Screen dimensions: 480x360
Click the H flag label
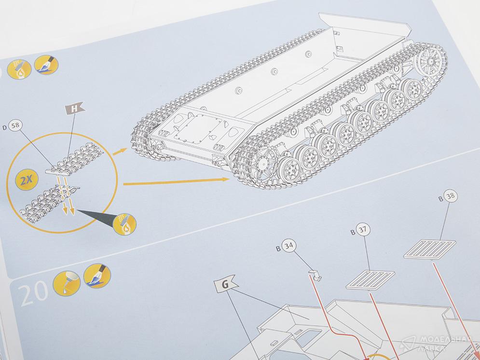point(74,108)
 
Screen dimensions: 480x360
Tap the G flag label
point(225,284)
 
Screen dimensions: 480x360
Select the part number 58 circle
point(15,125)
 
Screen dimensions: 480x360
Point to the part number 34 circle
point(288,246)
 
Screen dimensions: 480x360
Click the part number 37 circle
point(363,230)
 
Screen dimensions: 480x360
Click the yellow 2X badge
point(27,180)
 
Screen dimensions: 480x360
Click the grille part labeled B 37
point(370,280)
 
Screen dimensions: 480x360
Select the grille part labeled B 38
point(429,249)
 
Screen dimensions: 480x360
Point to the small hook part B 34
point(315,275)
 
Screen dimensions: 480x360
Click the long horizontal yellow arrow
point(177,181)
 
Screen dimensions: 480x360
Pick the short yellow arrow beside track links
point(120,151)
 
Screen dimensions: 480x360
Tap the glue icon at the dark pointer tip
point(124,224)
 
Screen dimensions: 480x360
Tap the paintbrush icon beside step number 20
point(97,276)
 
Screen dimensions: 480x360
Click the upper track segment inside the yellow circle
point(74,159)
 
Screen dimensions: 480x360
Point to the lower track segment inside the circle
point(49,203)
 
